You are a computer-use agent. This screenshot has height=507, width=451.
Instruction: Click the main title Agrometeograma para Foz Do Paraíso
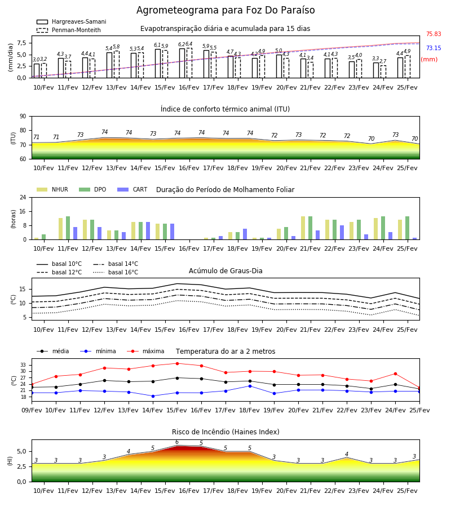pos(225,10)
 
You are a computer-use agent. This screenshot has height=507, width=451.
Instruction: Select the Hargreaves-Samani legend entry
pos(71,21)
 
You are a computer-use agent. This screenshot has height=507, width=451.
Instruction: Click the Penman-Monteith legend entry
pos(69,30)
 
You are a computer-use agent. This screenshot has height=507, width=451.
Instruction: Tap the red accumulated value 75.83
pos(434,34)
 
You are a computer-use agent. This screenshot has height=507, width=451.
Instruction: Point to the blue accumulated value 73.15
pos(434,48)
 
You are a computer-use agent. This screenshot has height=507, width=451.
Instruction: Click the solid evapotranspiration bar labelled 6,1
pos(158,63)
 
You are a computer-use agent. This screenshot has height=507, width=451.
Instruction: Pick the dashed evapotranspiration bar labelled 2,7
pos(383,72)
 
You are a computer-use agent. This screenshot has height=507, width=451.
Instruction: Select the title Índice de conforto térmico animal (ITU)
pos(225,109)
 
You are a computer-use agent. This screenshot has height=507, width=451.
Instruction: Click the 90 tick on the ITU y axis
pos(23,117)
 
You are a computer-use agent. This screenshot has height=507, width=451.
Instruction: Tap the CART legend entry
pos(132,189)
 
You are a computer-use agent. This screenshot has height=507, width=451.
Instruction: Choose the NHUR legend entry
pos(52,189)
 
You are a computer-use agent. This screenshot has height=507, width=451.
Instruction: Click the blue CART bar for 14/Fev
pos(148,231)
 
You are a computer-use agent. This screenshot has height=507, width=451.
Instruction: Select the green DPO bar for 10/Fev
pos(43,237)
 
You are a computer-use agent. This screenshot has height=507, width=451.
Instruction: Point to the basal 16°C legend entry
pos(116,272)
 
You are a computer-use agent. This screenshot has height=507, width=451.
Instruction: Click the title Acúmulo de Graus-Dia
pos(225,271)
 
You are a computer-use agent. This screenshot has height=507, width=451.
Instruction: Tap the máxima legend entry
pos(146,351)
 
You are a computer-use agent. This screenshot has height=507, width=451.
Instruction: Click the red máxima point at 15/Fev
pos(177,363)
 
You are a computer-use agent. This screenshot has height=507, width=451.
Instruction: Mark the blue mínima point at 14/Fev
pos(153,396)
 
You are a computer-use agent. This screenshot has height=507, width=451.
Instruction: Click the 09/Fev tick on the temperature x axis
pos(32,410)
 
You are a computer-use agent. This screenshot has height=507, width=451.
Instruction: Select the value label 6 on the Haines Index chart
pos(177,442)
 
